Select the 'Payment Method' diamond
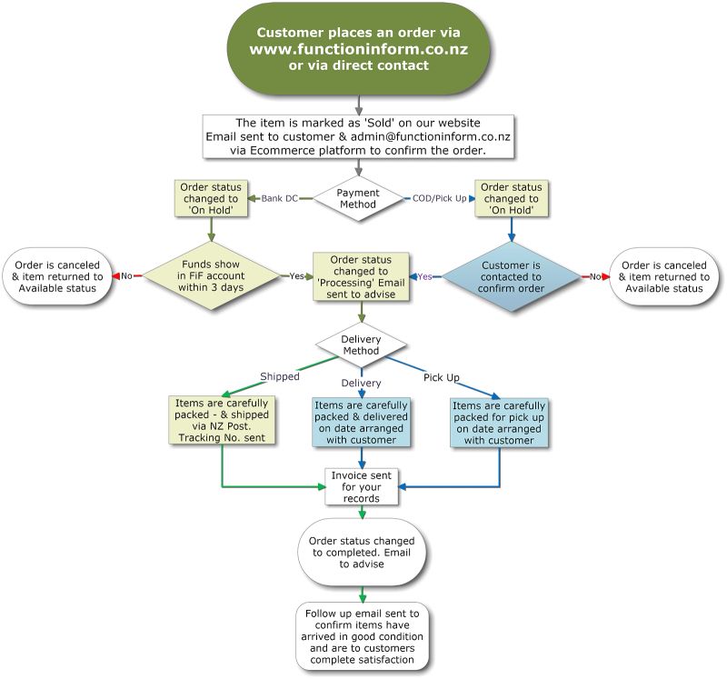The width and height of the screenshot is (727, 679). point(357,198)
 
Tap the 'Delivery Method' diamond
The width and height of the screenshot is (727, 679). point(360,344)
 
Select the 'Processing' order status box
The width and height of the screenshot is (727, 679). point(361,276)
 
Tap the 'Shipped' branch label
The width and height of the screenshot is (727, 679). point(279,376)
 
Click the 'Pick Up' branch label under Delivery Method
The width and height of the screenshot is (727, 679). point(442,376)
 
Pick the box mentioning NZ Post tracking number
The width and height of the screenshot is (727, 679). point(223,420)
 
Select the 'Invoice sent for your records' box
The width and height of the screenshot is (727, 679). point(362,486)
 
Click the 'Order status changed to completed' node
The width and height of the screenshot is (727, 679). point(362,552)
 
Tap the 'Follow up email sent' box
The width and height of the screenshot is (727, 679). point(362,637)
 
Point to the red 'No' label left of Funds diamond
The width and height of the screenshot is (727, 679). point(126,276)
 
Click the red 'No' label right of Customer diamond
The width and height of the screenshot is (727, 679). point(595,276)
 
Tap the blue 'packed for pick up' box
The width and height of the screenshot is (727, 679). point(499,422)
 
